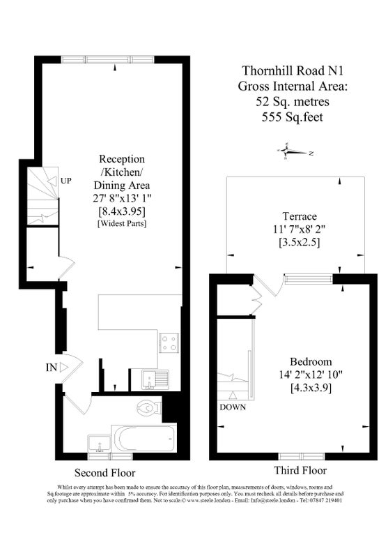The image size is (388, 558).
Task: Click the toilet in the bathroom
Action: (150, 408)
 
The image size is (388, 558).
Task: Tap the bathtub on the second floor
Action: (144, 439)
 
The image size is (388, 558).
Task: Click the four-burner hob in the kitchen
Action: (169, 342)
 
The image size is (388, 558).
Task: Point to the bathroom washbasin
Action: (99, 444)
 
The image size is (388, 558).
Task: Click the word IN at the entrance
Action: (52, 368)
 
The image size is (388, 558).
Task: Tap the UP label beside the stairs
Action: (65, 181)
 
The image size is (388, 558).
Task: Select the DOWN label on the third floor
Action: (233, 407)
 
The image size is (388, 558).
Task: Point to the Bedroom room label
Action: (311, 362)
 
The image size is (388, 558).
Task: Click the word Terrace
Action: (300, 216)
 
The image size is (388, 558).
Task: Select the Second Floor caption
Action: (104, 473)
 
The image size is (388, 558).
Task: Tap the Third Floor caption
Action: (300, 470)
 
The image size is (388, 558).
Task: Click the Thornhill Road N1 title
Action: (293, 71)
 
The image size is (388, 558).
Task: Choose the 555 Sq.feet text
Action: (293, 117)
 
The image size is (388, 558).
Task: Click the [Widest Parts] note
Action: (122, 223)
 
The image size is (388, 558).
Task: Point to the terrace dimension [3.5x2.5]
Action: (300, 243)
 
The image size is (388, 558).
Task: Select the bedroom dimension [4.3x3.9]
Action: (311, 388)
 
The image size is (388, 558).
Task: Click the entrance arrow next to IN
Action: (64, 368)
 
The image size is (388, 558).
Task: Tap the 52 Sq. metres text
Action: (293, 102)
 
